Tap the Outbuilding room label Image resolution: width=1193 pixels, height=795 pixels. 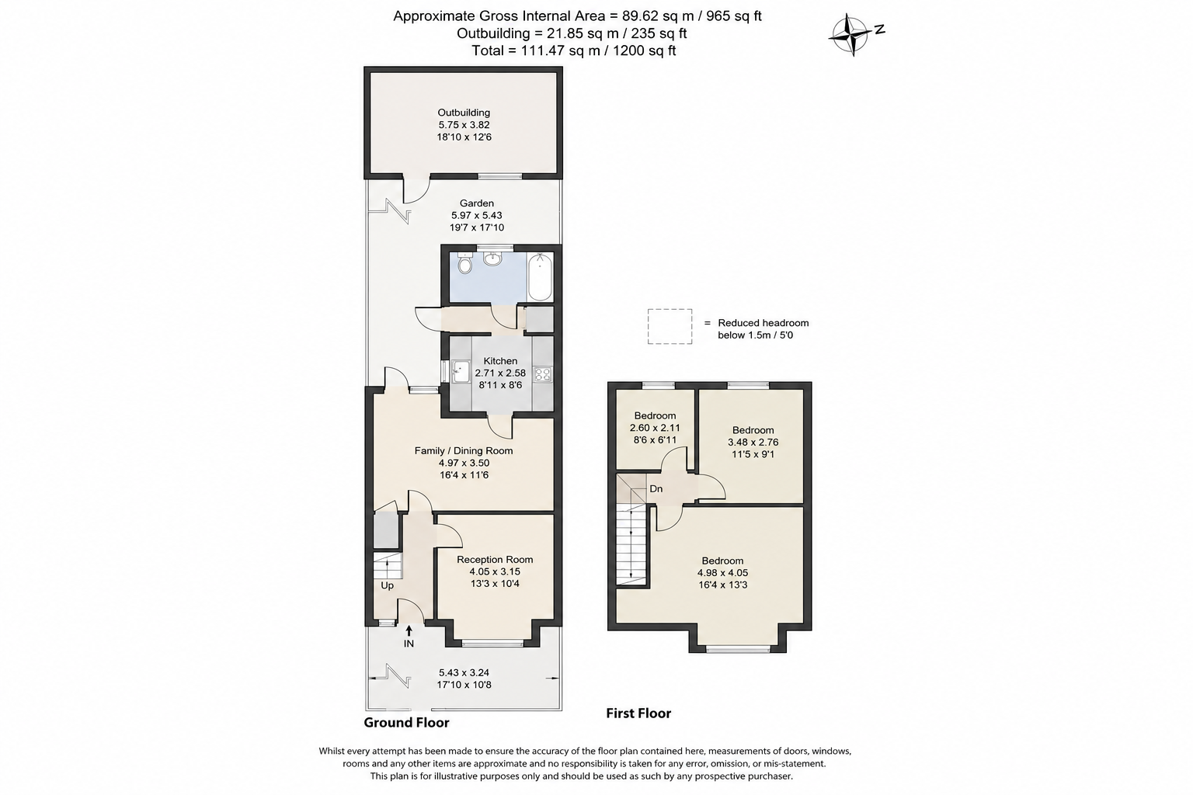[x=464, y=113]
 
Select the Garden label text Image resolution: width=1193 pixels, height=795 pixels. [x=477, y=203]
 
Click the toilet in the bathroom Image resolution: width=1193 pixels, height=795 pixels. [x=465, y=262]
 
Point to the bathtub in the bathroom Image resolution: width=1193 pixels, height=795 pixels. [x=540, y=277]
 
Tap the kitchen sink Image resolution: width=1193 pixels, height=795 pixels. [x=460, y=371]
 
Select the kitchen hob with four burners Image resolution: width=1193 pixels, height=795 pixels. [x=543, y=374]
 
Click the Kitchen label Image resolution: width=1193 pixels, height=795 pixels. [x=500, y=360]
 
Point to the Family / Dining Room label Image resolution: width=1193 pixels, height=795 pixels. [x=464, y=450]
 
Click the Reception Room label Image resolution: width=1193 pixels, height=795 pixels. [x=495, y=559]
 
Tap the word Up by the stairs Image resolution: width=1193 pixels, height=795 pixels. [x=388, y=585]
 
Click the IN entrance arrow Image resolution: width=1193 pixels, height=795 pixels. [x=409, y=631]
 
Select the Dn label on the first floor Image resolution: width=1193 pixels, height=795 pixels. [x=656, y=488]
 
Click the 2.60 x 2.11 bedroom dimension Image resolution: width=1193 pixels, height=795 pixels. [x=655, y=428]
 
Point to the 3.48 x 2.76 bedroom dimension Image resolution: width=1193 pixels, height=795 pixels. [x=753, y=442]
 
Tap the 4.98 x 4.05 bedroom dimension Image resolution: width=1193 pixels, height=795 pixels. [x=722, y=573]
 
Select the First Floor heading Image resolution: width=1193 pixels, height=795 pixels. [x=638, y=713]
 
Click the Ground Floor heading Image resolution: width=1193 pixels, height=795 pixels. [x=406, y=723]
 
